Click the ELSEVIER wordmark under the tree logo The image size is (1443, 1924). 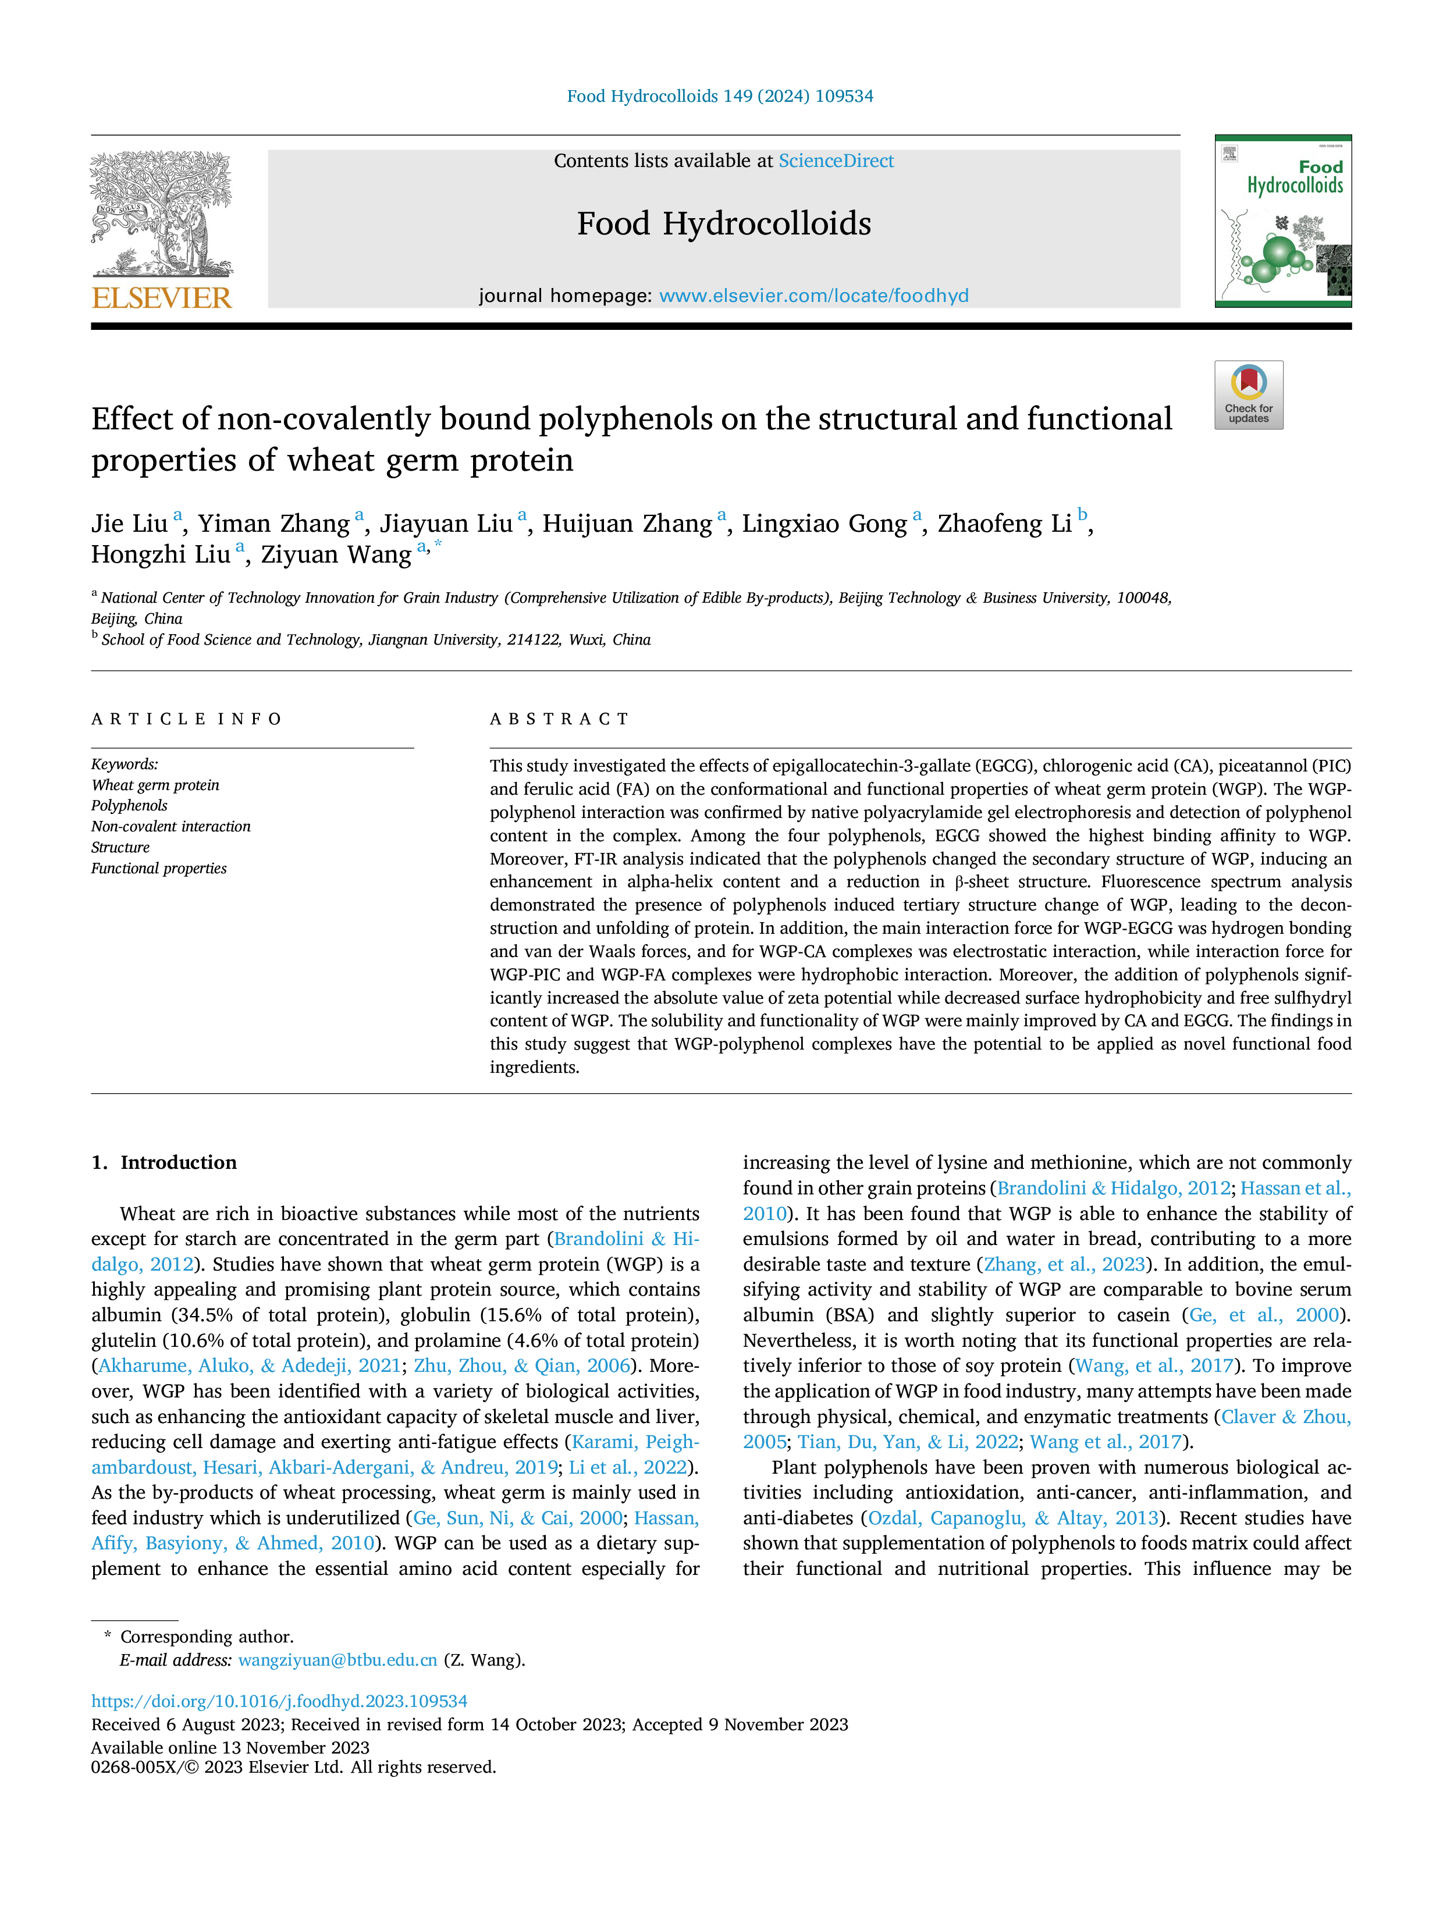point(162,298)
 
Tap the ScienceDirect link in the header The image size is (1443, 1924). point(836,161)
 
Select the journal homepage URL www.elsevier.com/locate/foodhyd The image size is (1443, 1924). point(813,296)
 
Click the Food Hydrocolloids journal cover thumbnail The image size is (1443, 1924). point(1283,221)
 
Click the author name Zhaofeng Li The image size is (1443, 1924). point(1005,524)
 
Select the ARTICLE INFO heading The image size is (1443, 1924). point(187,719)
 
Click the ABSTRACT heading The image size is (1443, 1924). point(559,719)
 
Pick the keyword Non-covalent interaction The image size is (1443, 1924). point(170,826)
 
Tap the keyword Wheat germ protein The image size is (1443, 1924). point(155,785)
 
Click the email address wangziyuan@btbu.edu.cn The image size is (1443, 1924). point(337,1660)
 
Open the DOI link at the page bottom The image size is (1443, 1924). point(279,1701)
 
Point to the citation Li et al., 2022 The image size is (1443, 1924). point(628,1467)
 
